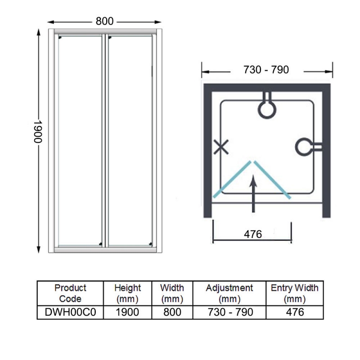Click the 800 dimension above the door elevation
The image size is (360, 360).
click(104, 21)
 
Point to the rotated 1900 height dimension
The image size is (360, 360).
click(37, 131)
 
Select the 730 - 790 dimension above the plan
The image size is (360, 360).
click(266, 70)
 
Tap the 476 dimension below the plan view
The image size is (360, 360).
click(253, 234)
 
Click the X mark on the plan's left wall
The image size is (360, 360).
click(221, 147)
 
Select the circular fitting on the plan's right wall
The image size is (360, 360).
click(306, 146)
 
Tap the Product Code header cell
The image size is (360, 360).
click(70, 293)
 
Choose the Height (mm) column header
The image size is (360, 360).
click(127, 293)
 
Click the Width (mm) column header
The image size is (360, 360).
click(172, 293)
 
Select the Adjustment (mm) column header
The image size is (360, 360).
click(229, 293)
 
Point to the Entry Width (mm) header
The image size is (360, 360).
click(294, 293)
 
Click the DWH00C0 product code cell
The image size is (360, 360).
click(70, 312)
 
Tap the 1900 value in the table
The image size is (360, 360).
click(127, 312)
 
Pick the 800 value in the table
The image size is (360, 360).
click(172, 312)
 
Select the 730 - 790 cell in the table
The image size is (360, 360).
click(229, 312)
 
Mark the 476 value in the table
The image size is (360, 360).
click(294, 312)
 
